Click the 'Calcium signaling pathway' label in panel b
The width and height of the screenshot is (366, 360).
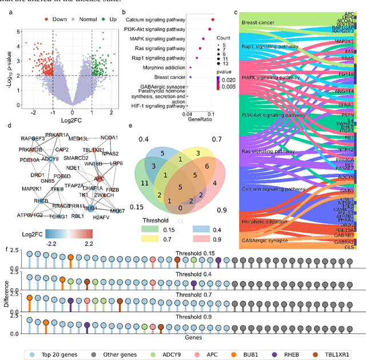coord(155,20)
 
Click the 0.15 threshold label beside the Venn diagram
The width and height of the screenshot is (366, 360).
coord(136,206)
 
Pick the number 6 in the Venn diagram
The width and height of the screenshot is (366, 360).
coord(206,165)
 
